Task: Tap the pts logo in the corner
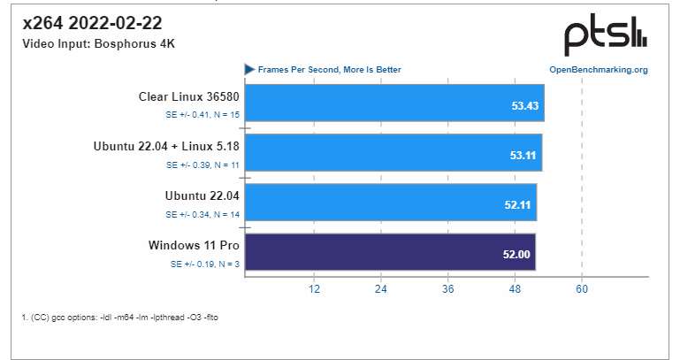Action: point(607,35)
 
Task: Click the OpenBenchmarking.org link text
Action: point(599,69)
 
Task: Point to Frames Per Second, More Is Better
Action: point(329,69)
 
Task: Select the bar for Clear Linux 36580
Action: point(393,103)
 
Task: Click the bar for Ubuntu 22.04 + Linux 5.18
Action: point(393,152)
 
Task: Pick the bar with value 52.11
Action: point(390,203)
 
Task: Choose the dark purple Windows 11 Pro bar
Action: point(389,251)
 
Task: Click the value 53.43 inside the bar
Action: point(524,105)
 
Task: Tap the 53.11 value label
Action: point(523,155)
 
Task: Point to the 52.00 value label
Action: point(517,254)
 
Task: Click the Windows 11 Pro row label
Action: point(194,244)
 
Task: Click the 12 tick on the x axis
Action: point(313,288)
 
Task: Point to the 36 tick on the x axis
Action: point(447,288)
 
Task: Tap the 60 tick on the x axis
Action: point(582,288)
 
